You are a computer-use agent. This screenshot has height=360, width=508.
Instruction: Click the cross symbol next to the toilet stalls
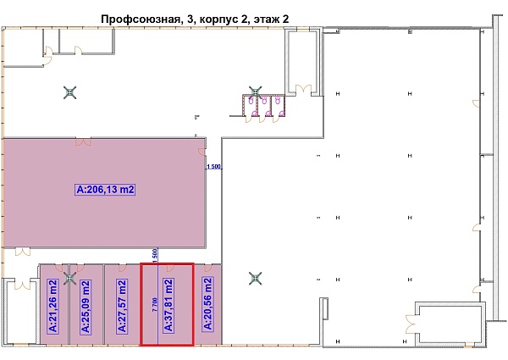pyautogui.click(x=256, y=91)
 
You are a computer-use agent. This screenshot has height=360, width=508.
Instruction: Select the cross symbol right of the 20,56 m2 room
pyautogui.click(x=255, y=277)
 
